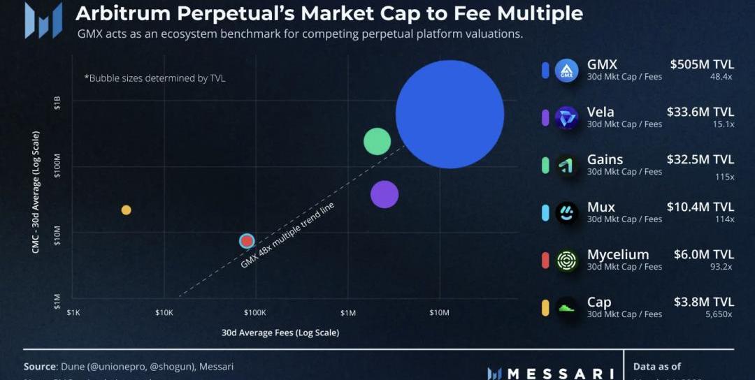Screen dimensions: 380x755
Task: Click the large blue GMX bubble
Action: pyautogui.click(x=450, y=114)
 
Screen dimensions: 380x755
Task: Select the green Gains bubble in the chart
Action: pyautogui.click(x=377, y=142)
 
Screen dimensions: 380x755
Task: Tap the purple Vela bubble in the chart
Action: pyautogui.click(x=384, y=194)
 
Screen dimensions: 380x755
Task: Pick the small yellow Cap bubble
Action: pyautogui.click(x=126, y=210)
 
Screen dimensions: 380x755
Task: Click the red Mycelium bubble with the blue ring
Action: pyautogui.click(x=246, y=241)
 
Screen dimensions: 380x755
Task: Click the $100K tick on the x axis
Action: pyautogui.click(x=254, y=313)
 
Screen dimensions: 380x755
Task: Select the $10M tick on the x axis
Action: pyautogui.click(x=439, y=313)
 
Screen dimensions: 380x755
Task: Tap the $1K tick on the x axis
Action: pyautogui.click(x=73, y=313)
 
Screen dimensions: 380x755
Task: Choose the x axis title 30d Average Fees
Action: pyautogui.click(x=280, y=332)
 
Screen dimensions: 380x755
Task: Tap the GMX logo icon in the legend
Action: pyautogui.click(x=567, y=71)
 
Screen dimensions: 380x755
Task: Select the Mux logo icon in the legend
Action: pyautogui.click(x=567, y=213)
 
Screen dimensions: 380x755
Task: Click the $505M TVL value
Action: pyautogui.click(x=701, y=64)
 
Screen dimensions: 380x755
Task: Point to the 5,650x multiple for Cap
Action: pyautogui.click(x=719, y=314)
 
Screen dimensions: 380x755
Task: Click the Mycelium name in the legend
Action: pyautogui.click(x=618, y=254)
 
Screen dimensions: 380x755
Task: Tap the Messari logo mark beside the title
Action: pyautogui.click(x=43, y=20)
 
